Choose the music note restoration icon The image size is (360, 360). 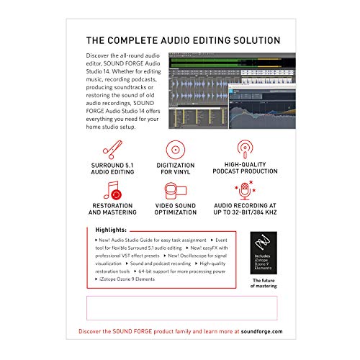tap(113, 193)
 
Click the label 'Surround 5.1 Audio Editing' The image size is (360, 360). tap(113, 172)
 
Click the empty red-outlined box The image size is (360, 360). tap(180, 308)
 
